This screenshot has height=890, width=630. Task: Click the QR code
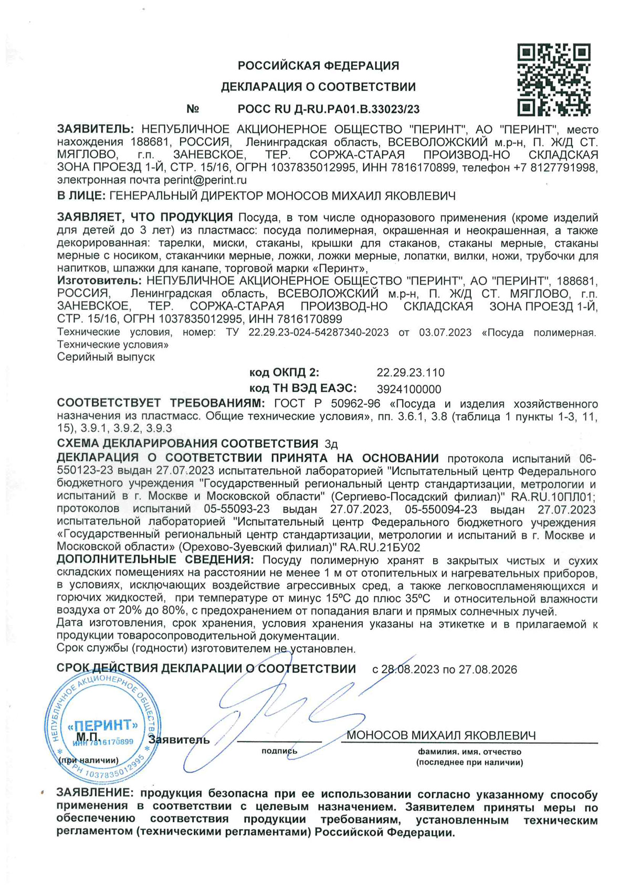[x=554, y=80]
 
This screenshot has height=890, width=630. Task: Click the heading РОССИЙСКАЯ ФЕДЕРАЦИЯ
[x=318, y=66]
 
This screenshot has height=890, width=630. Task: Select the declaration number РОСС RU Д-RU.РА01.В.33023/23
[x=329, y=109]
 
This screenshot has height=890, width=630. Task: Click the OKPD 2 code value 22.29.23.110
[x=411, y=373]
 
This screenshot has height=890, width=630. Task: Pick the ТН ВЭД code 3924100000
[x=409, y=389]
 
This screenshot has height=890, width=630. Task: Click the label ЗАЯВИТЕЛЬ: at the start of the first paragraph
[x=96, y=130]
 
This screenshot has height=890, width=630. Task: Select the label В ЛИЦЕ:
[x=81, y=196]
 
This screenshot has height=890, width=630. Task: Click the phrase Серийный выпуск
[x=106, y=357]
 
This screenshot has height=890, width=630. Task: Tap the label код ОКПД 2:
[x=284, y=373]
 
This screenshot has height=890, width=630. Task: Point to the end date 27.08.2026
[x=488, y=670]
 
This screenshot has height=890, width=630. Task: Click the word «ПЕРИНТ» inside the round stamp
[x=103, y=726]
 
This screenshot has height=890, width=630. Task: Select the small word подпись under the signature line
[x=279, y=751]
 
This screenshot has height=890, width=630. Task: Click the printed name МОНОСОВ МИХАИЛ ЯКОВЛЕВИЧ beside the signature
[x=441, y=735]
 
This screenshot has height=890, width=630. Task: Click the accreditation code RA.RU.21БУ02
[x=381, y=548]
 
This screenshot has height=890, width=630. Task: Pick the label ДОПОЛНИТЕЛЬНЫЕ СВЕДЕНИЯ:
[x=155, y=560]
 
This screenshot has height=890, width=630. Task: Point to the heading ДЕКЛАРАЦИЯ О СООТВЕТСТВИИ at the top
[x=318, y=87]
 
